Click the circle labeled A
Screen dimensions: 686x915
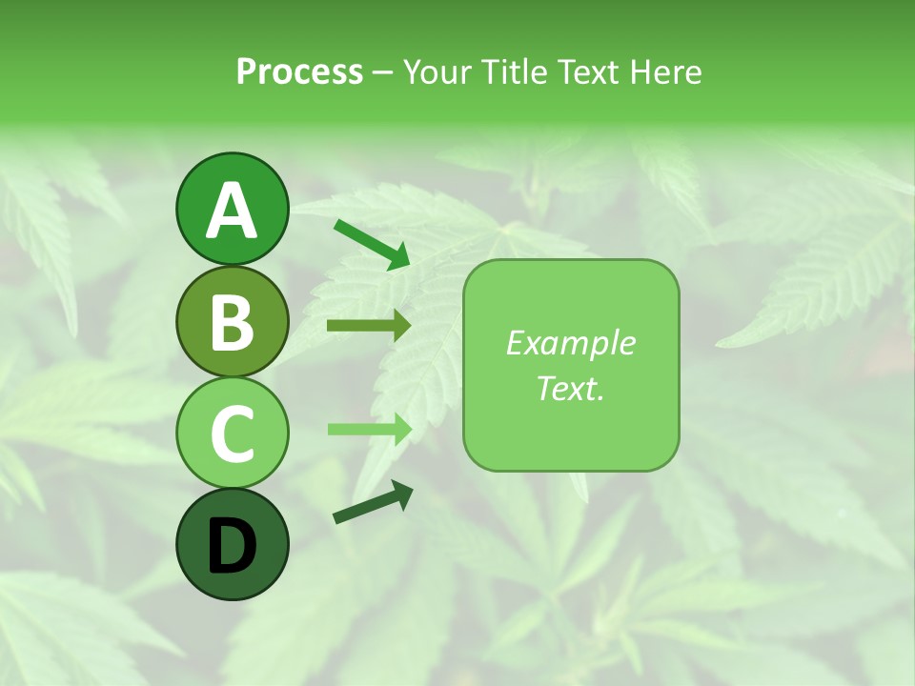click(x=232, y=209)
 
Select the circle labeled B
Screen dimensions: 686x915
click(x=232, y=321)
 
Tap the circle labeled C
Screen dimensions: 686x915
click(x=232, y=433)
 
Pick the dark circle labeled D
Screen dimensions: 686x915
click(x=232, y=544)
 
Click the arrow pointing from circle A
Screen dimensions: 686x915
click(x=372, y=244)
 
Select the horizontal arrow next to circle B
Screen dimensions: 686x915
click(x=369, y=327)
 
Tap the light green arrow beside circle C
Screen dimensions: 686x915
click(x=369, y=429)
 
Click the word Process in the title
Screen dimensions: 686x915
click(x=299, y=71)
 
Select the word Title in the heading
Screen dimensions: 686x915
click(x=511, y=71)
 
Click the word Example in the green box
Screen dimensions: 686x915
click(x=570, y=343)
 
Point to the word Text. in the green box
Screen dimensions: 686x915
click(x=570, y=388)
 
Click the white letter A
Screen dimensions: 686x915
click(x=232, y=211)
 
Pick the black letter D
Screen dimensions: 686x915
click(x=232, y=546)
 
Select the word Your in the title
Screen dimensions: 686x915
click(x=437, y=71)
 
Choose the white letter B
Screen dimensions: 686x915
click(x=232, y=323)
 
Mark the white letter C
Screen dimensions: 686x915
click(x=232, y=434)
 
